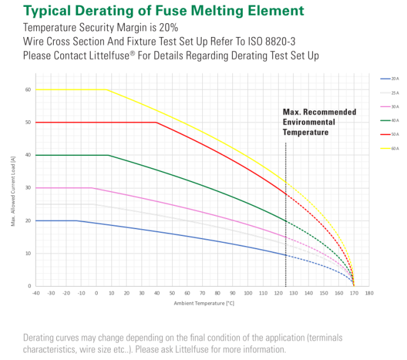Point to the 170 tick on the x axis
click(354, 292)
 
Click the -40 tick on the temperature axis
click(36, 292)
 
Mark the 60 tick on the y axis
click(28, 90)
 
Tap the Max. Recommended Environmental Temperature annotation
click(319, 122)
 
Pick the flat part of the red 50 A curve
click(94, 122)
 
